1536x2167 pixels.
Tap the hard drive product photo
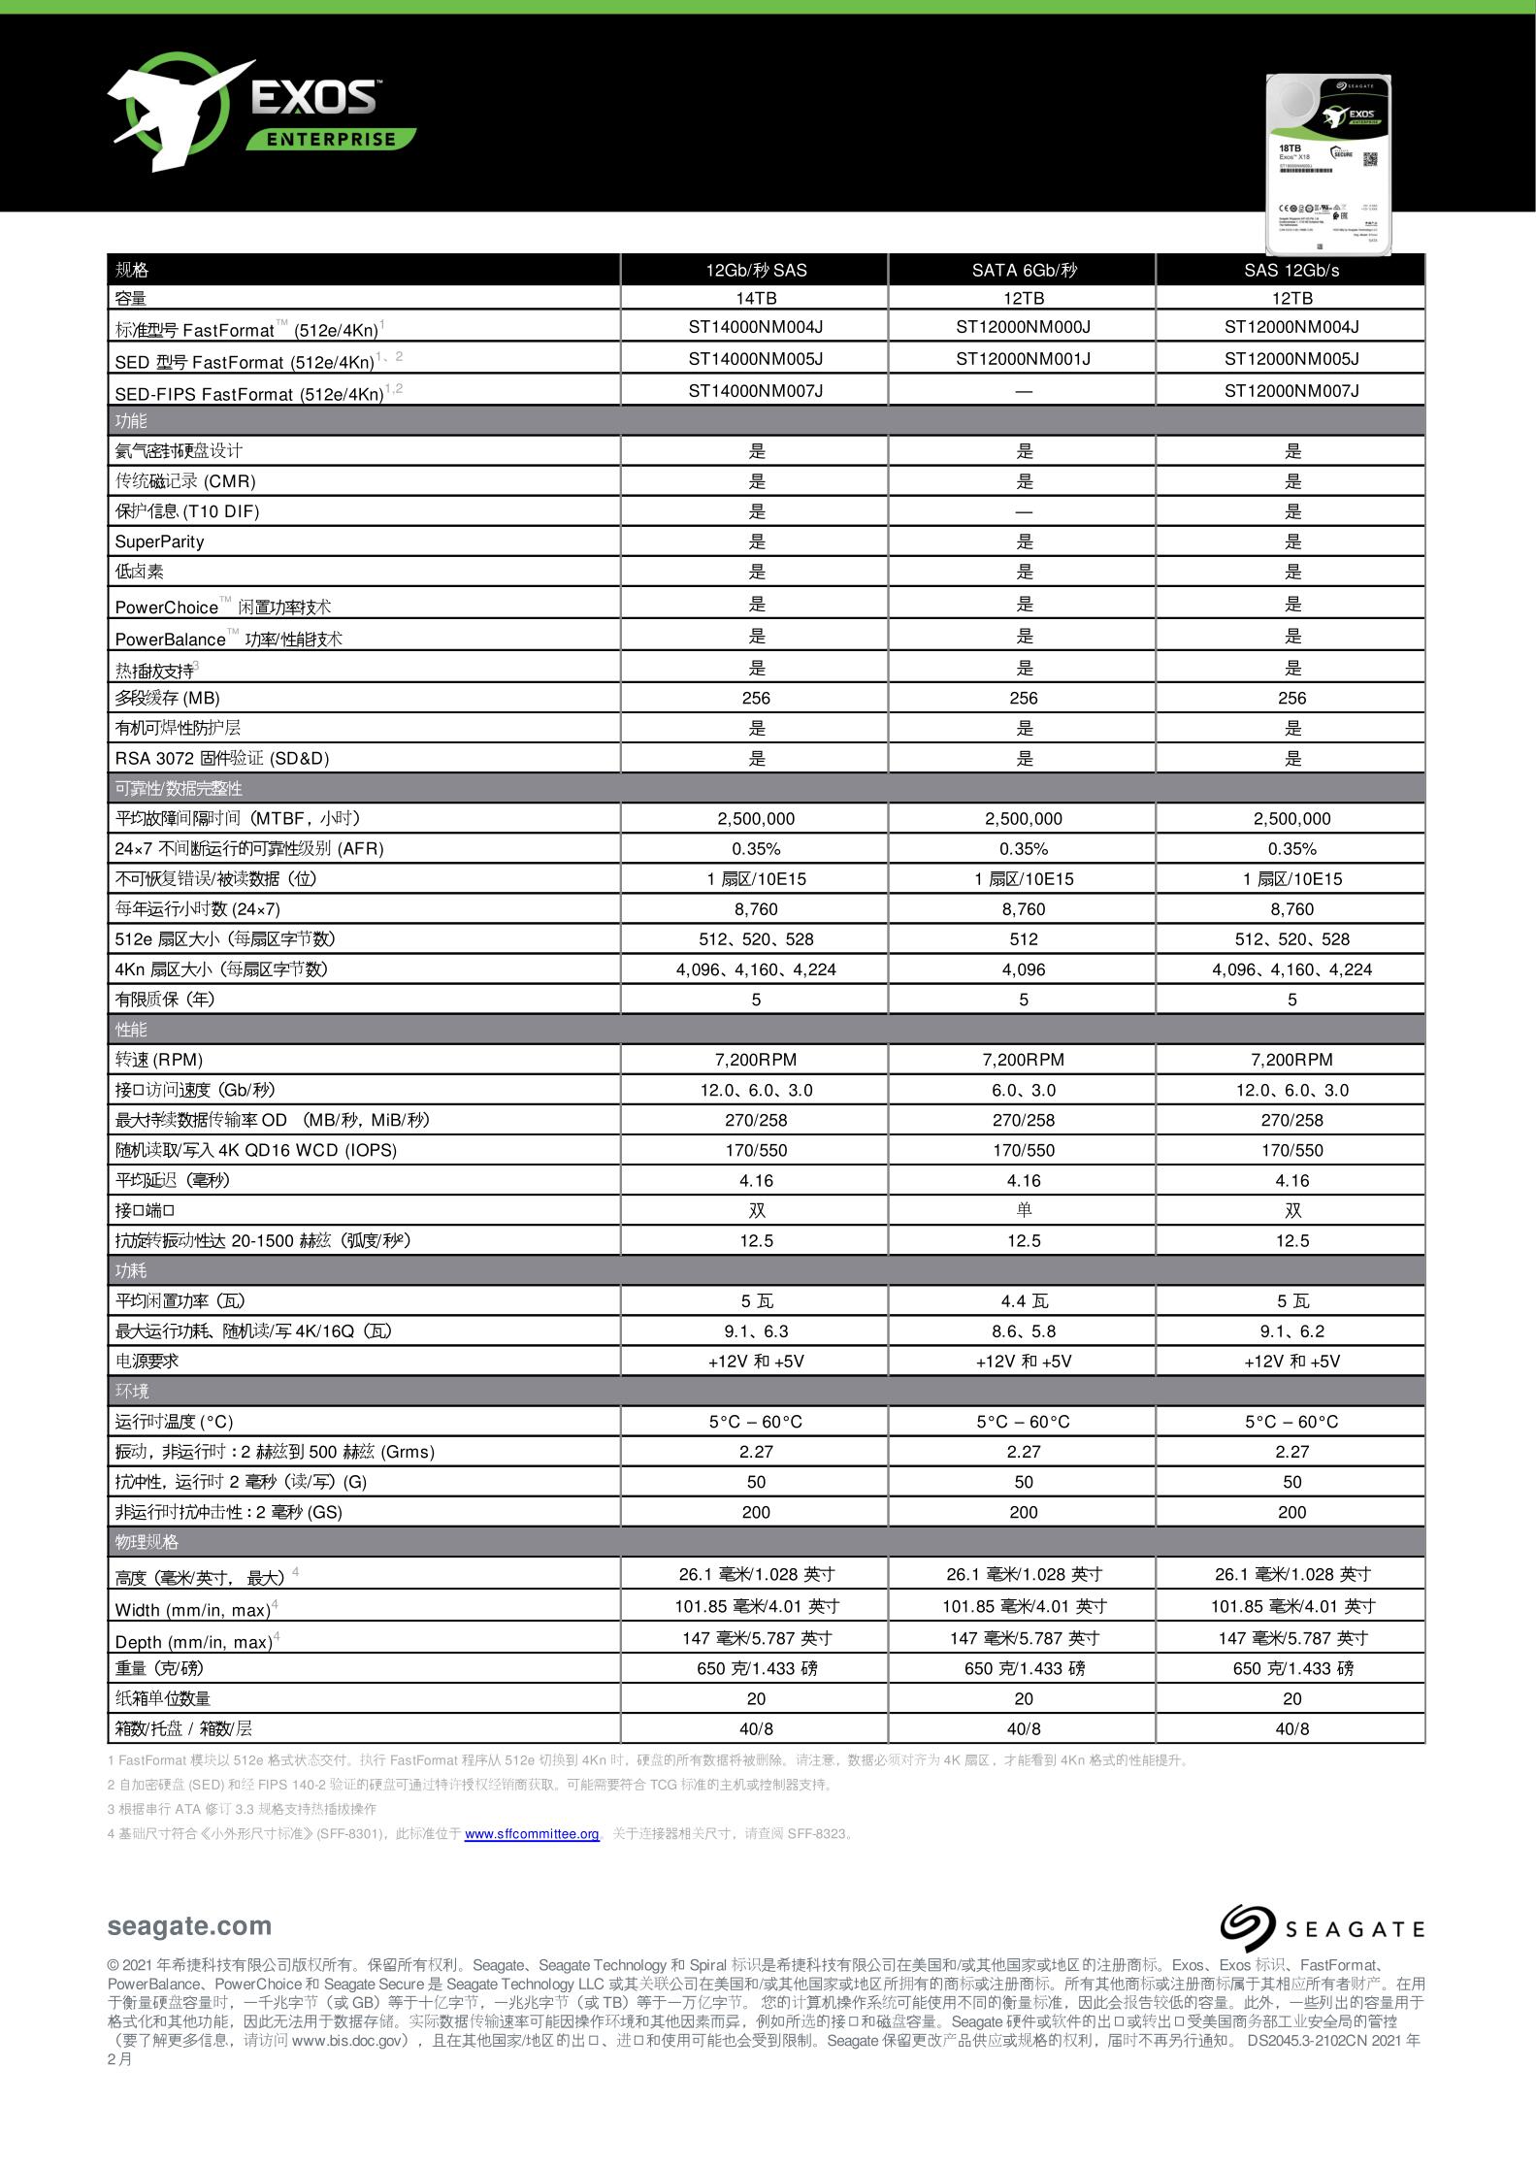[x=1328, y=165]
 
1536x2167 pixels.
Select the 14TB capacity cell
[x=755, y=298]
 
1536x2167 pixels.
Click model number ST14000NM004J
[x=755, y=327]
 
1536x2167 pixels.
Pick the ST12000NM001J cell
[x=1023, y=359]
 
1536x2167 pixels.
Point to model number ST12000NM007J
[x=1291, y=391]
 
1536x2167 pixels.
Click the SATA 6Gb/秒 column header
[x=1023, y=271]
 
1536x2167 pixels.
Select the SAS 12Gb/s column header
[x=1291, y=271]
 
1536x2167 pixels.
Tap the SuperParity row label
[x=160, y=542]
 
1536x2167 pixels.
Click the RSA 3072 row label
[x=222, y=758]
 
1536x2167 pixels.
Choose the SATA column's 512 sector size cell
[x=1023, y=939]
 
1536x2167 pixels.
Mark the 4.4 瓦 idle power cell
[x=1023, y=1301]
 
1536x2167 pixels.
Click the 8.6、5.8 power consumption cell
[x=1023, y=1331]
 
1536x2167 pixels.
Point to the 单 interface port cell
[x=1023, y=1210]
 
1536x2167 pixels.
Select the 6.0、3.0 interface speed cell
[x=1023, y=1090]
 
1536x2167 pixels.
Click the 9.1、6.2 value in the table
[x=1291, y=1331]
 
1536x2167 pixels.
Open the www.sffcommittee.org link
[x=532, y=1834]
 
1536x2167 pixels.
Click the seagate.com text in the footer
[x=189, y=1926]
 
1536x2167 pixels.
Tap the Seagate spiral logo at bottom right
[x=1247, y=1927]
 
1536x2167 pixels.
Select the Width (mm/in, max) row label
[x=193, y=1610]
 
